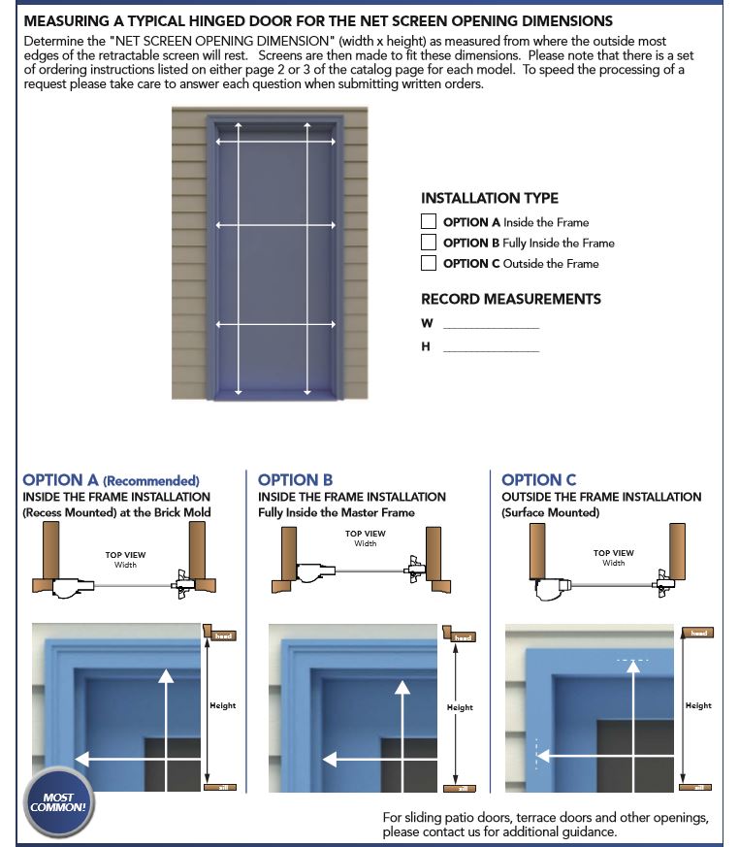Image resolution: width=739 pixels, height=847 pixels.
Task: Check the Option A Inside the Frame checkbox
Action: click(429, 222)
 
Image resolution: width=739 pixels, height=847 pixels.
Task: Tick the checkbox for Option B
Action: click(429, 243)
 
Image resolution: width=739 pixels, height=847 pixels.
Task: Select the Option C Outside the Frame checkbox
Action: click(429, 263)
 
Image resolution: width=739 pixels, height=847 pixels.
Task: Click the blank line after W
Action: click(491, 328)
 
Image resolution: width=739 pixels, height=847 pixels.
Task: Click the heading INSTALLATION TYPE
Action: click(490, 198)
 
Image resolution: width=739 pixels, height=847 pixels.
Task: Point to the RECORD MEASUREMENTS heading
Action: click(511, 299)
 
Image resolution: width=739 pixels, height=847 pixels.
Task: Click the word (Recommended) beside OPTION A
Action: click(151, 480)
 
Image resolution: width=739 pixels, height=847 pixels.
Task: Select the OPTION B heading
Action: click(296, 479)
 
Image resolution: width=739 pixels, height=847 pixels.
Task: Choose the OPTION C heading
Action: click(539, 479)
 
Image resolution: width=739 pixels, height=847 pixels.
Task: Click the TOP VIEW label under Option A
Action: click(125, 555)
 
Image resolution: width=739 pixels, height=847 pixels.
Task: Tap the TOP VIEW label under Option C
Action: click(614, 553)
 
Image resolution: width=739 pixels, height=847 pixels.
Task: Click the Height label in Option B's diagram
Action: click(460, 707)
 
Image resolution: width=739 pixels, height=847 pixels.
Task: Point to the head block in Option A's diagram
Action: click(222, 635)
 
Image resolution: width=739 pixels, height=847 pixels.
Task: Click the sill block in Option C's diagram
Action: click(697, 786)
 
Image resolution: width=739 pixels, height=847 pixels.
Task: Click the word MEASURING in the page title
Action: click(69, 20)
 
